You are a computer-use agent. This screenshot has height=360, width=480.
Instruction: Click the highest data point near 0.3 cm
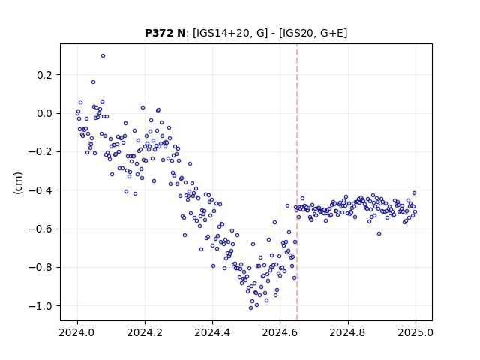tap(103, 56)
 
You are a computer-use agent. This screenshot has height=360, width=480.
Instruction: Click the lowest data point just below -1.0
tap(250, 308)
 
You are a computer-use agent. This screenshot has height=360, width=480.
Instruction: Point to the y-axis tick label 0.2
tap(45, 75)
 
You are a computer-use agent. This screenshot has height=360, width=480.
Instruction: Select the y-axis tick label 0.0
tap(45, 113)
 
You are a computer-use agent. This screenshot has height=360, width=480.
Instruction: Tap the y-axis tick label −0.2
tap(40, 151)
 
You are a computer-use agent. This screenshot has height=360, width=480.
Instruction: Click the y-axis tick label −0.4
tap(40, 190)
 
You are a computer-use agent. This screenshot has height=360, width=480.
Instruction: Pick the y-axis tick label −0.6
tap(40, 229)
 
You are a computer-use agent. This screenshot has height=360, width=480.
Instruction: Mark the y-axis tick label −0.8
tap(40, 267)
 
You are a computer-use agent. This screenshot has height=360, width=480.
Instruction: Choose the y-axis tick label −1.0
tap(40, 306)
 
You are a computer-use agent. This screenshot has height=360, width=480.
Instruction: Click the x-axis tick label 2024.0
tap(77, 332)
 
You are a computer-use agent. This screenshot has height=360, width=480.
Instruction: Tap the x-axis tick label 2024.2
tap(145, 332)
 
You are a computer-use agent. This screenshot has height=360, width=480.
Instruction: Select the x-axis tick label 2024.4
tap(212, 332)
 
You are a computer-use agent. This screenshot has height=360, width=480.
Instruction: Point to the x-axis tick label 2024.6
tap(280, 332)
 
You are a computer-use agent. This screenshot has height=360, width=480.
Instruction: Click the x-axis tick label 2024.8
tap(347, 332)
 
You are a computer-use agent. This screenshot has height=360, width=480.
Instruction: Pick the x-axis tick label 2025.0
tap(415, 332)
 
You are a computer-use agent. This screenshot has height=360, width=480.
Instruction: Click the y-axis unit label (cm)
tap(18, 183)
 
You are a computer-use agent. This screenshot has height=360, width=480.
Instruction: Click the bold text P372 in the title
tap(159, 33)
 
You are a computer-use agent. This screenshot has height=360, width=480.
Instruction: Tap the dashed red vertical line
tap(297, 182)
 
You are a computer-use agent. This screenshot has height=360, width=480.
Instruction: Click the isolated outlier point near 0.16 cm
tap(93, 82)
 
